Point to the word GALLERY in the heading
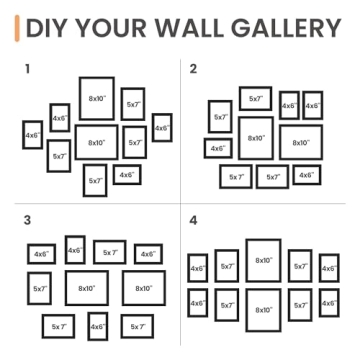[290, 27]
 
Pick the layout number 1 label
[28, 69]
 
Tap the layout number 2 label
[193, 69]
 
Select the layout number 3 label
[28, 219]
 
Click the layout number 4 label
[194, 219]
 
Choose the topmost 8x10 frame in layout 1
[96, 98]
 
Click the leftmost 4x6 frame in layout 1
[32, 134]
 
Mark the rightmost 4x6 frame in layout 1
[161, 128]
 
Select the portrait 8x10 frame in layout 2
[255, 138]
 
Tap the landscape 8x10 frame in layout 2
[301, 142]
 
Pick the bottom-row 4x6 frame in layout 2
[306, 176]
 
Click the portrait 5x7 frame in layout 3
[40, 288]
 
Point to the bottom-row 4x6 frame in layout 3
[97, 325]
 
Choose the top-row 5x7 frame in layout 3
[109, 254]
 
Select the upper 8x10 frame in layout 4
[263, 260]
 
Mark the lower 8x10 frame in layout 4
[263, 309]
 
